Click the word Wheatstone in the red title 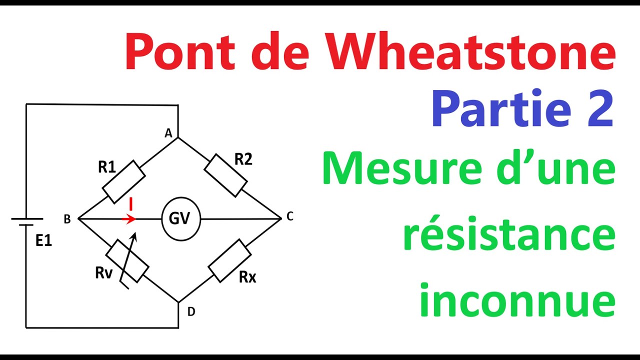tap(470, 51)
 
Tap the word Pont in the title tap(180, 51)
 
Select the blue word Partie tap(501, 108)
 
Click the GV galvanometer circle tap(181, 219)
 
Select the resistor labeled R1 tap(124, 182)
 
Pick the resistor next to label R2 tap(225, 175)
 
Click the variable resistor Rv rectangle tap(127, 261)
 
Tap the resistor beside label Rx tap(229, 261)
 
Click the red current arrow tap(128, 219)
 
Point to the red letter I tap(131, 204)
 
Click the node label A tap(168, 133)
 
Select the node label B tap(67, 219)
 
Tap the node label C tap(289, 216)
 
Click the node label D tap(191, 311)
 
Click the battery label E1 tap(43, 240)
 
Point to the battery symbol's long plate tap(27, 219)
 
